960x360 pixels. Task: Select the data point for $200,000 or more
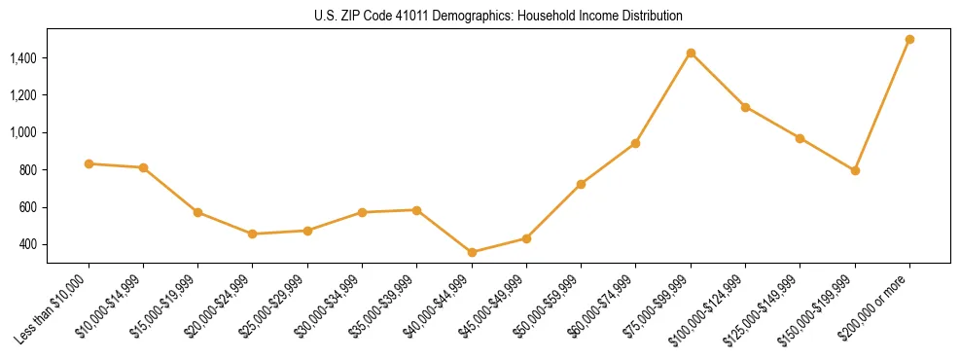pos(909,39)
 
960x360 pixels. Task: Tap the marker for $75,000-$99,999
pos(691,53)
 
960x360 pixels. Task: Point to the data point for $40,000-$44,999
pos(472,252)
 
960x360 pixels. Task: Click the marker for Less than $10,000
pos(89,163)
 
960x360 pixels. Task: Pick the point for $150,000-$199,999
pos(855,170)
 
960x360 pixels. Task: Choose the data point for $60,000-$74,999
pos(635,143)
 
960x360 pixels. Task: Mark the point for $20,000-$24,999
pos(253,234)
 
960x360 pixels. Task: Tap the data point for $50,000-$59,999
pos(581,184)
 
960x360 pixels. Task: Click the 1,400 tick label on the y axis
pos(23,58)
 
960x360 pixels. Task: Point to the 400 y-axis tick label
pos(28,244)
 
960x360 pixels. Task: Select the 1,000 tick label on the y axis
pos(23,132)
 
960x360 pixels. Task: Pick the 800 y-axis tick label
pos(28,170)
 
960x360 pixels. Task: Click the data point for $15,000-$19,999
pos(197,212)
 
